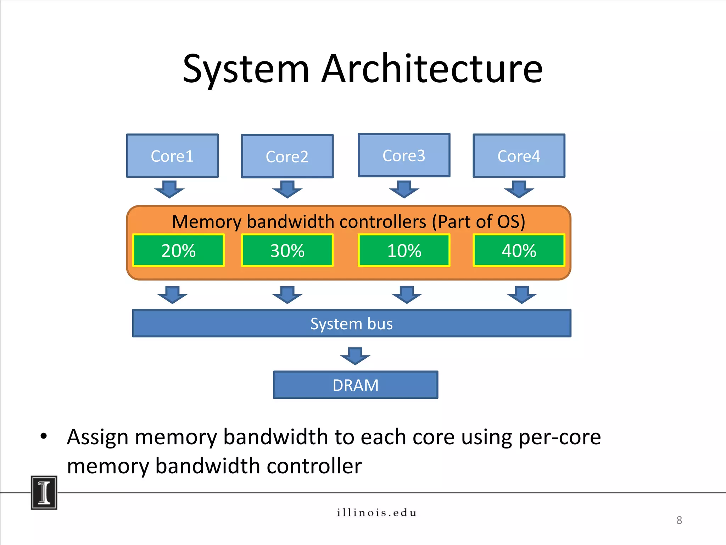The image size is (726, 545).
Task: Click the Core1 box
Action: click(172, 156)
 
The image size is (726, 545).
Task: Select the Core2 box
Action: click(287, 156)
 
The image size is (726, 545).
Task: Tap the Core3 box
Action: click(404, 155)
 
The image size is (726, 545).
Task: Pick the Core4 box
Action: click(519, 156)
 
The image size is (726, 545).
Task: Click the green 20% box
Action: click(178, 251)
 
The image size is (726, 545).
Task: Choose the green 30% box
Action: click(287, 251)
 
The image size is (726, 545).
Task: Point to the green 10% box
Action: click(404, 251)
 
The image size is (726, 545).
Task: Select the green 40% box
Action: click(519, 251)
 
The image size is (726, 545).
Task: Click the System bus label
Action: click(351, 324)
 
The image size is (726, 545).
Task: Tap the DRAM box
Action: click(356, 385)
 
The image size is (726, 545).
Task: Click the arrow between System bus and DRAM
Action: click(355, 356)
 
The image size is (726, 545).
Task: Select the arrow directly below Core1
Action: click(169, 189)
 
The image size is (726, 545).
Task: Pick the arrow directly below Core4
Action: click(519, 189)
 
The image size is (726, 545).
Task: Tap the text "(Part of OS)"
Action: click(478, 222)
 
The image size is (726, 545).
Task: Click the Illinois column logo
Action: click(44, 492)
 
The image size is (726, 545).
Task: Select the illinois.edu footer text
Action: click(376, 513)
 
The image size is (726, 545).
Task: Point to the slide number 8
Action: click(679, 520)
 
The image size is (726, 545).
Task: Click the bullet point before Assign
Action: click(44, 436)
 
